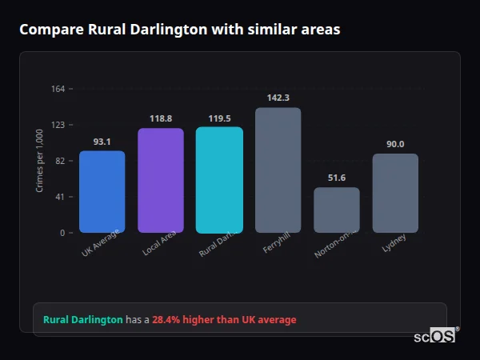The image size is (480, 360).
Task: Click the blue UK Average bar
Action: (x=102, y=192)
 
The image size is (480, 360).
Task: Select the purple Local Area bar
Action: (x=160, y=180)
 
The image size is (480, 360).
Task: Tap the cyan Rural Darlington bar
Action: (x=219, y=180)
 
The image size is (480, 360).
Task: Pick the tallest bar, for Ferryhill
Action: (x=278, y=170)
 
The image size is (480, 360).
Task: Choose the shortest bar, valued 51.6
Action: (x=336, y=210)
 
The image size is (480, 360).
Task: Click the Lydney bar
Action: (x=395, y=193)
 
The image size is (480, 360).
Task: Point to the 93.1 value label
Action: (x=102, y=142)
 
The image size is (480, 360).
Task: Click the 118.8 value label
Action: (x=160, y=118)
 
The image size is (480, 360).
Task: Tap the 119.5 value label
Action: (x=219, y=118)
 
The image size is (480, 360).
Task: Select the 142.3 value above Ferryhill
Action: (x=278, y=98)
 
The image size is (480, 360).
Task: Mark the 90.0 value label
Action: (x=395, y=144)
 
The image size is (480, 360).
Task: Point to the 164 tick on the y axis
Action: (x=58, y=89)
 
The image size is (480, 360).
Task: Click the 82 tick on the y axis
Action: (x=60, y=161)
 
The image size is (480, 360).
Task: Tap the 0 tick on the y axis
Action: (x=62, y=233)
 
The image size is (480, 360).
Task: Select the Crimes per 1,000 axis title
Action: (x=40, y=161)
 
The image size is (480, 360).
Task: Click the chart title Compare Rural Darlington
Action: (x=179, y=30)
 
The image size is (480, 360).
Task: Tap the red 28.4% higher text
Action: (x=224, y=320)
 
